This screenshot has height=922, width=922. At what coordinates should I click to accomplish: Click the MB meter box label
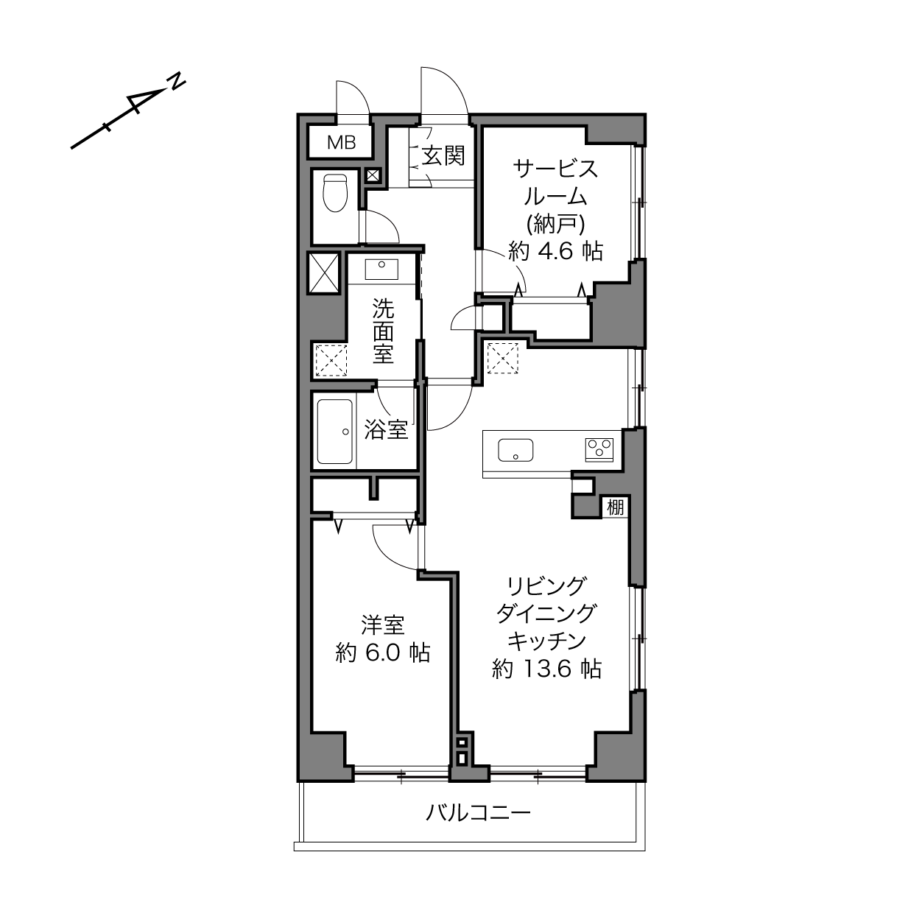pos(341,142)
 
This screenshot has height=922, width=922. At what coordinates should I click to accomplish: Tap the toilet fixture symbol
pos(335,192)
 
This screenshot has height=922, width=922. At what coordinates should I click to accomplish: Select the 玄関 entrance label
pos(443,155)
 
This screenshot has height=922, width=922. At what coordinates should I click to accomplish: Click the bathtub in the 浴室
pos(335,432)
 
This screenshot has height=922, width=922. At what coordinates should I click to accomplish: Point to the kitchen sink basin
pos(515,450)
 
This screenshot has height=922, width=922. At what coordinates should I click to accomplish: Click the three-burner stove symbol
pos(599,450)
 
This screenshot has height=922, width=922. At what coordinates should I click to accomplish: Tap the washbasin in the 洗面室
pos(381,270)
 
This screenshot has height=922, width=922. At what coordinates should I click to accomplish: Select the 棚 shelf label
pos(616,507)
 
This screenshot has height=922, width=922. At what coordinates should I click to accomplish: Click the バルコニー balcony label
pos(478,812)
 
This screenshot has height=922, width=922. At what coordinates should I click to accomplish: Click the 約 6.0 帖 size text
pos(383,652)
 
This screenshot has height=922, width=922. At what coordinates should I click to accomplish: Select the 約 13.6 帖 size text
pos(546,669)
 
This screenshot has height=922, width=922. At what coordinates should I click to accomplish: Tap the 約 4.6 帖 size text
pos(555,250)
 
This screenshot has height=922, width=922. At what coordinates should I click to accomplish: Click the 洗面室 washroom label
pos(383,331)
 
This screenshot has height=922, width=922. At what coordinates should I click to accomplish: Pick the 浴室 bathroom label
pos(386,429)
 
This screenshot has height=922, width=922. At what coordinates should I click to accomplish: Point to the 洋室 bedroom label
pos(383,625)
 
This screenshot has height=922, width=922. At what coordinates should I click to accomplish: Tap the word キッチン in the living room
pos(546,641)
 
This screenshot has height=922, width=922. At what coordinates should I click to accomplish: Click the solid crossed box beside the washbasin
pos(323,272)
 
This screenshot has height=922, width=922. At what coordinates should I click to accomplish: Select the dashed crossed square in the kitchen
pos(502,358)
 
